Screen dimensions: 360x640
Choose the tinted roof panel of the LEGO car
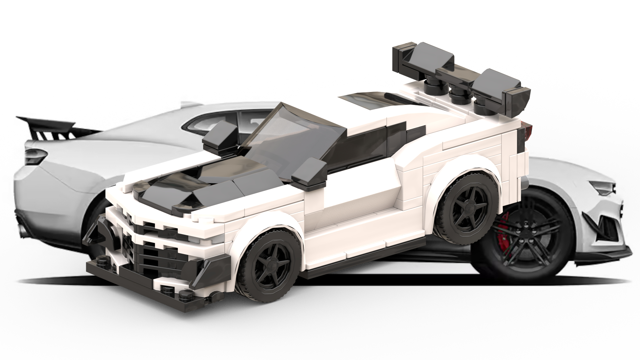[370, 100]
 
